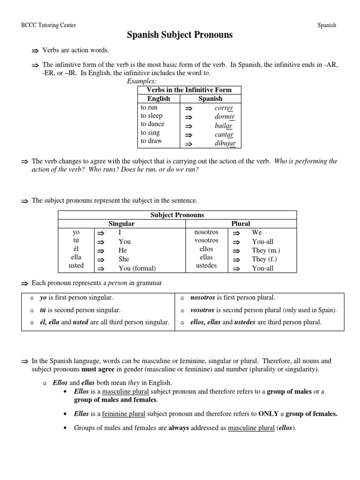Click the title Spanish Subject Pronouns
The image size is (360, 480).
(180, 35)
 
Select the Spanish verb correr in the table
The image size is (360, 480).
(224, 108)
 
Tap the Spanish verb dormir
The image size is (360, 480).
(224, 116)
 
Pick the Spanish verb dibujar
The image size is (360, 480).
(225, 143)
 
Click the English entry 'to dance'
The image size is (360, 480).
(152, 124)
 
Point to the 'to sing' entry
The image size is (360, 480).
(150, 133)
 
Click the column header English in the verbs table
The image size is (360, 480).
(158, 99)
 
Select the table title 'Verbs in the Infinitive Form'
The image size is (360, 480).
(189, 90)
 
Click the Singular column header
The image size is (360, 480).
(121, 224)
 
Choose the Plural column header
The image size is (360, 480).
(241, 224)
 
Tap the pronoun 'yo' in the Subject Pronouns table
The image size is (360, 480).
(76, 232)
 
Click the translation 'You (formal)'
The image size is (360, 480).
(137, 268)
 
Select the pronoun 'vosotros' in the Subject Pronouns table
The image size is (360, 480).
(206, 240)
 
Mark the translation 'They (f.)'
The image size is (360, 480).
(266, 259)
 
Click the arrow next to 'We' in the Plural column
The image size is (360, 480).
(237, 233)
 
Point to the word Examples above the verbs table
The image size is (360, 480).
(142, 81)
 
